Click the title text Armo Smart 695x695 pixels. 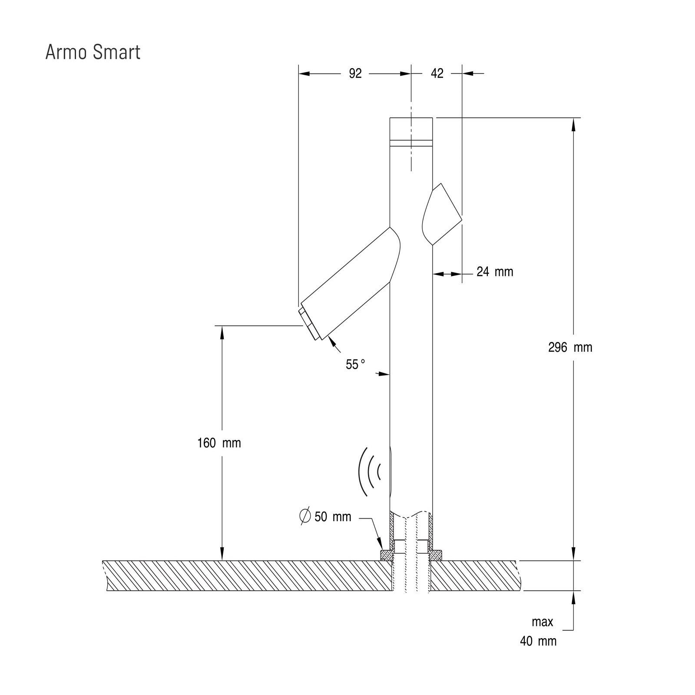point(93,52)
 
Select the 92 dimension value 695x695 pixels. point(355,74)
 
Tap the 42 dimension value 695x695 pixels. point(437,74)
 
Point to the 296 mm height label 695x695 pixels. point(570,347)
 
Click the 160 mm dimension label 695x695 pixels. point(219,443)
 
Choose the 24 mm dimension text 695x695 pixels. point(495,272)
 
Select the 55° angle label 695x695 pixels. point(355,364)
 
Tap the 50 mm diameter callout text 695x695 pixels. point(333,517)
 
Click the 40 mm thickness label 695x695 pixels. point(539,641)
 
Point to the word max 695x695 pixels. point(543,622)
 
